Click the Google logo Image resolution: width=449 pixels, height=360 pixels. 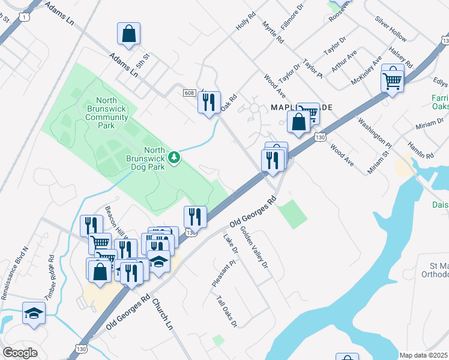point(20,352)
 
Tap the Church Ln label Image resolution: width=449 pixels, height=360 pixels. point(162,315)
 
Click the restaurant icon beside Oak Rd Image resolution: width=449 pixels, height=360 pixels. point(209,103)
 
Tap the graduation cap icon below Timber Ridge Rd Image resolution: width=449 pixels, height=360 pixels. point(34,313)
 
